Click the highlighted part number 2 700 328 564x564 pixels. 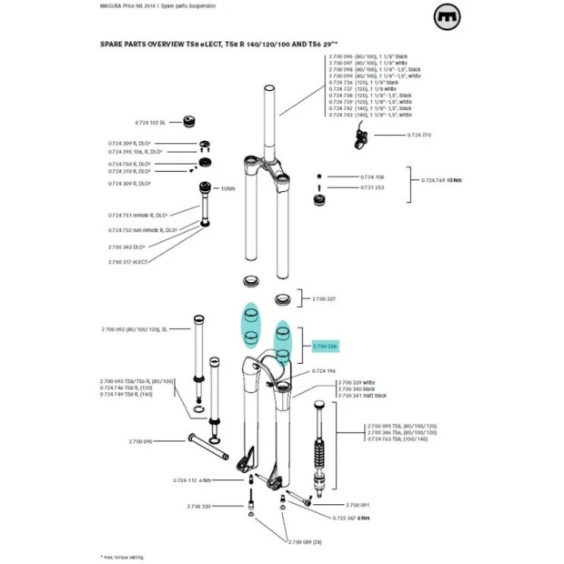tap(325, 347)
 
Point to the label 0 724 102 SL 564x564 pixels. tap(149, 122)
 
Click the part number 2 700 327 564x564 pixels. tap(325, 298)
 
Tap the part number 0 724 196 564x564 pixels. tap(325, 371)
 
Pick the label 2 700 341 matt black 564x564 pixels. tap(362, 396)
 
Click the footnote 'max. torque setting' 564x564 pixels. tap(124, 556)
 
